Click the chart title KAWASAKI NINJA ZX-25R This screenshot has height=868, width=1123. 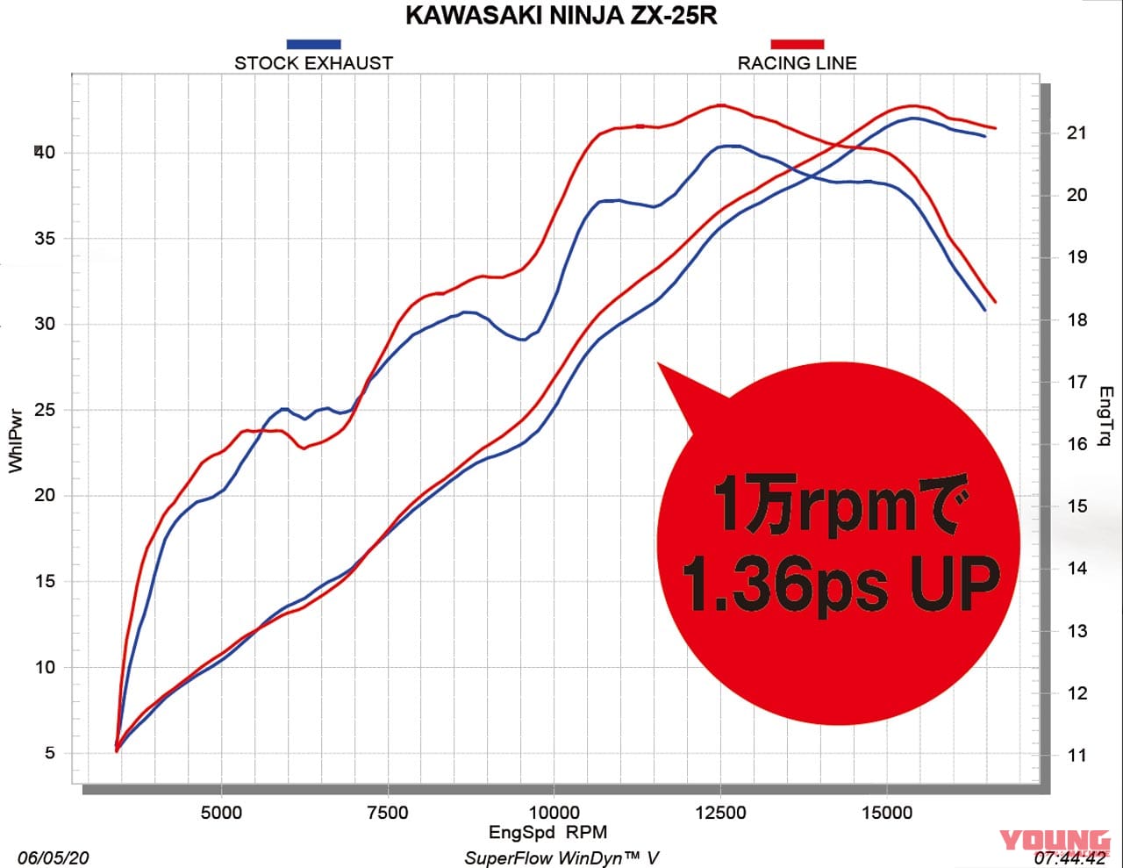coord(561,17)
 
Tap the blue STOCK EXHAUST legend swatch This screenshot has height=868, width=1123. coord(313,44)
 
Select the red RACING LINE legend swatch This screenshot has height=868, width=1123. coord(797,44)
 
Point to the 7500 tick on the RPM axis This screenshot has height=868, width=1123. coord(387,813)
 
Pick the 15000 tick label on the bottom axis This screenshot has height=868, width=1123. coord(886,813)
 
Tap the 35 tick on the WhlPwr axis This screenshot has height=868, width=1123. coord(44,239)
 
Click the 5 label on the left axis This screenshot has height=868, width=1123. coord(49,753)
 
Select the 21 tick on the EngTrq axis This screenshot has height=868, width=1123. coord(1077,133)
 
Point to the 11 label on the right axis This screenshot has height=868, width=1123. coord(1076,756)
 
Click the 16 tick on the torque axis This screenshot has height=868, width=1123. coord(1077,444)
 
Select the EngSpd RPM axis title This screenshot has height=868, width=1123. coord(547,832)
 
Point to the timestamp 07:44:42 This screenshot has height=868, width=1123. coord(1071,857)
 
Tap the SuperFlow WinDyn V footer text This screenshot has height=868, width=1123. coord(561,857)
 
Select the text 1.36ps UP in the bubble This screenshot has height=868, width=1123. coord(840,583)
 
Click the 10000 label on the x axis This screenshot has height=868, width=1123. coord(554,813)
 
